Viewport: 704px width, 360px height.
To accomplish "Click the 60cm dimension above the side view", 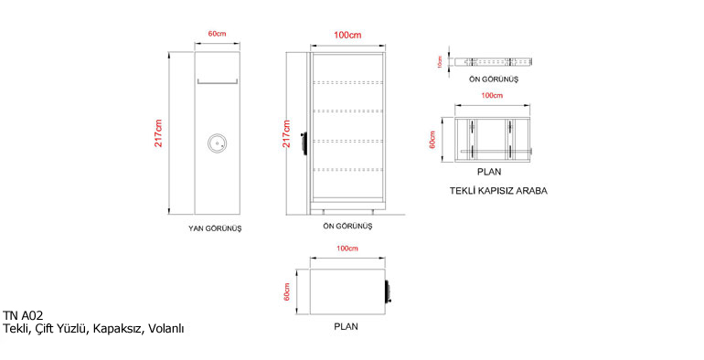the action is point(217,34).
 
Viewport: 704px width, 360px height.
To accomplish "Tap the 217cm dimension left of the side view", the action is point(158,133).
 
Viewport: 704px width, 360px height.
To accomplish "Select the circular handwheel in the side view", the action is point(218,144).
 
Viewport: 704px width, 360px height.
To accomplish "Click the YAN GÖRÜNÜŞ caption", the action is point(215,228).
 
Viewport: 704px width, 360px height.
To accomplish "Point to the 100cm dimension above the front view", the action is point(347,35).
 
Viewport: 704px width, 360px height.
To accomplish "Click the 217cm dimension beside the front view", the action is point(286,133).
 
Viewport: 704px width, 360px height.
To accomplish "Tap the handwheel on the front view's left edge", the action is point(304,143).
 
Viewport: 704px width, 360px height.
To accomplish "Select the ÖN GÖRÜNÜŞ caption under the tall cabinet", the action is point(347,227).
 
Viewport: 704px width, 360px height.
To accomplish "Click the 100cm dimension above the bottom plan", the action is point(347,249).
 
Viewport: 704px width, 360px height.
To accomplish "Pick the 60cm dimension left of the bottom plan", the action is point(287,291).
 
